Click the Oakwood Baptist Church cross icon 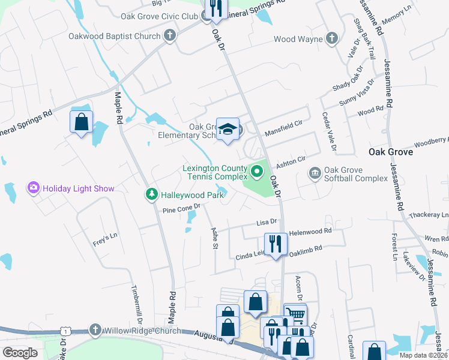[170, 36]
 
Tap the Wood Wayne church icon [331, 39]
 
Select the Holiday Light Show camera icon [33, 188]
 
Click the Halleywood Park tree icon [151, 194]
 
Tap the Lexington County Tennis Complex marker [258, 173]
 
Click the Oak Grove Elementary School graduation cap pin [228, 128]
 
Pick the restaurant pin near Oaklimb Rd [276, 244]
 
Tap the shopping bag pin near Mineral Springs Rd [81, 122]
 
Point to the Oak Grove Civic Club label [160, 16]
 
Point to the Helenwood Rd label [310, 231]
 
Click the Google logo [20, 352]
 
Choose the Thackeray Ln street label [427, 215]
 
